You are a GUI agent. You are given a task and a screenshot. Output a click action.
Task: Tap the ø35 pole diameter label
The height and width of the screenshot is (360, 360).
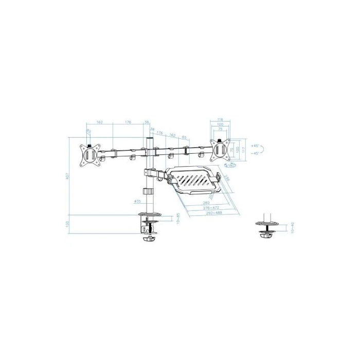136,201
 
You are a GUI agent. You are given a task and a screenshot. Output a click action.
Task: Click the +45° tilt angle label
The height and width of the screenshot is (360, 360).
255,146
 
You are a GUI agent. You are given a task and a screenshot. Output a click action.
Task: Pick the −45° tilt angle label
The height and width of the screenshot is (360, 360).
255,154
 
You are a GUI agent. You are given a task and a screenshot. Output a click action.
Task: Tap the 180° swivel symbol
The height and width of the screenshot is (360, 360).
231,166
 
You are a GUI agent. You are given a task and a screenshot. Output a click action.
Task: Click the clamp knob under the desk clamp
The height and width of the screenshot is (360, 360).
149,239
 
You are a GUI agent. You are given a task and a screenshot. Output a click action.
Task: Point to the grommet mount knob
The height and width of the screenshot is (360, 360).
267,236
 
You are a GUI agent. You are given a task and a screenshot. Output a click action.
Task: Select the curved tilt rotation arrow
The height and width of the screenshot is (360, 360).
262,150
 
